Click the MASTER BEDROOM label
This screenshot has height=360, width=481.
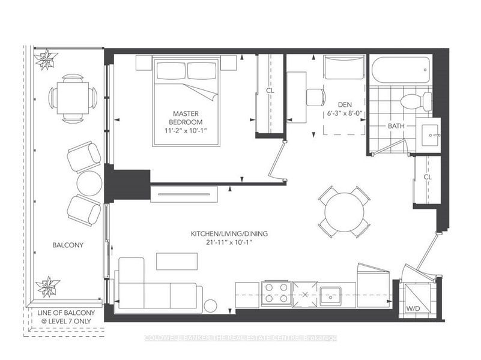tap(186, 118)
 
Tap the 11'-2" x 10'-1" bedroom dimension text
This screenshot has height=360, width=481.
tap(186, 130)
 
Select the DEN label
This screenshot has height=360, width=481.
tap(345, 105)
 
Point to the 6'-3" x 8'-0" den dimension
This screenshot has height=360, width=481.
tap(345, 113)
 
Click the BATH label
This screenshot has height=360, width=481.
tap(396, 126)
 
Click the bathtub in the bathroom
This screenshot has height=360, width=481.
tap(401, 70)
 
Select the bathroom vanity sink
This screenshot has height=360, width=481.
tap(431, 135)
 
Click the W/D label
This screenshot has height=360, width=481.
tap(413, 308)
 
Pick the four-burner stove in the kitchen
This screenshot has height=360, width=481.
tap(276, 293)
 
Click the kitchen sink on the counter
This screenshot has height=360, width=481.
tap(330, 296)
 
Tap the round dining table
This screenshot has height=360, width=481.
tap(345, 212)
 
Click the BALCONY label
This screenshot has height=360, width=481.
tap(68, 245)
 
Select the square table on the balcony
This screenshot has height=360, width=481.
tap(73, 98)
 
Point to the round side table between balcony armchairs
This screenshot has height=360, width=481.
tap(89, 184)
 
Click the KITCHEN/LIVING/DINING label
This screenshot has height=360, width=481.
tap(229, 234)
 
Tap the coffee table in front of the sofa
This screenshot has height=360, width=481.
tap(177, 262)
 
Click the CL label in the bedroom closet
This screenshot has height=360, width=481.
tap(270, 91)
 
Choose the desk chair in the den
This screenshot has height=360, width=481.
tap(316, 97)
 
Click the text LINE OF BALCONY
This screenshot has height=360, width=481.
tap(66, 313)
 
